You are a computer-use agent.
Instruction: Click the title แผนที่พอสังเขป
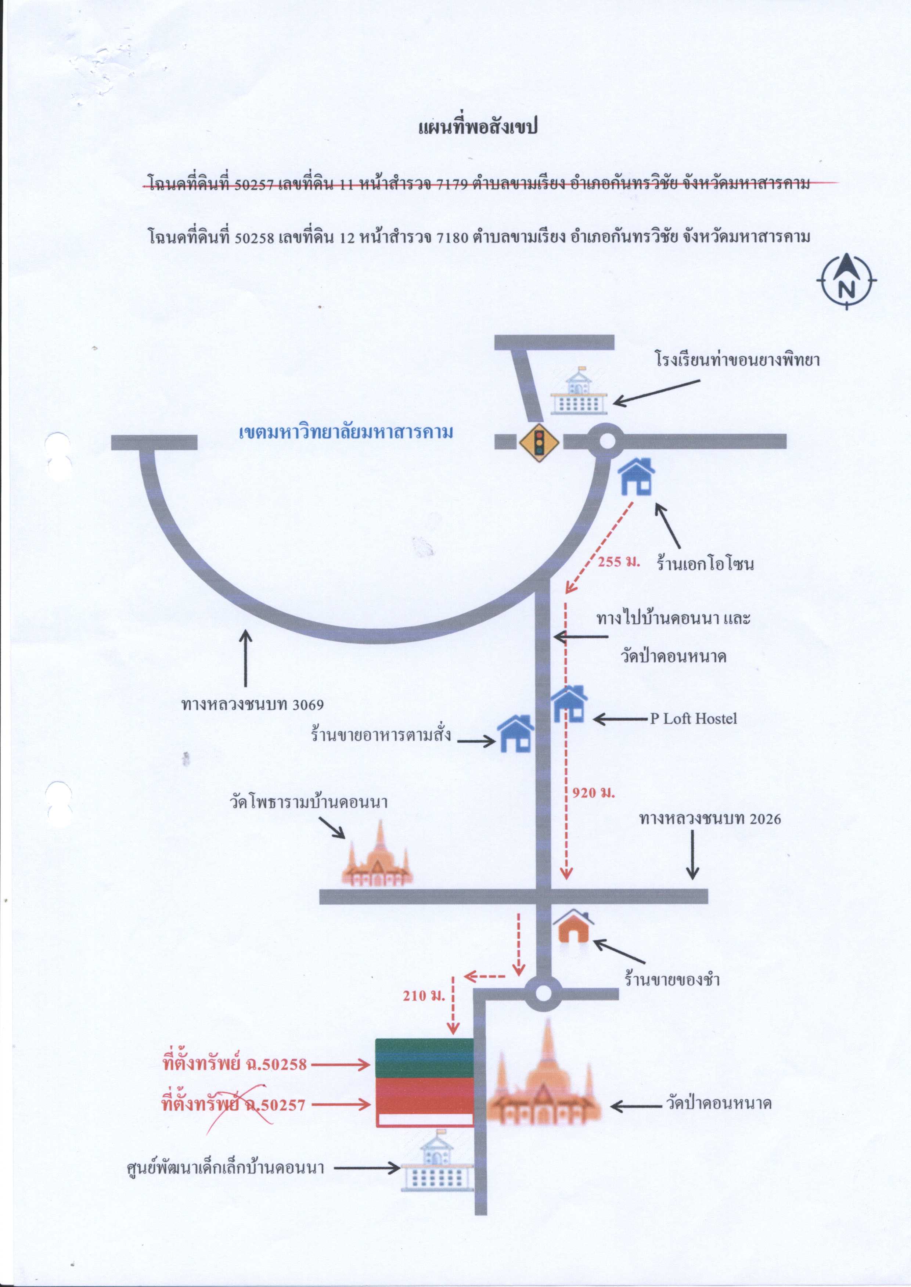(478, 126)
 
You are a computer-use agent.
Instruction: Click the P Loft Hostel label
(693, 719)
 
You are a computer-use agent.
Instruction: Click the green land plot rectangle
(424, 1058)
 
